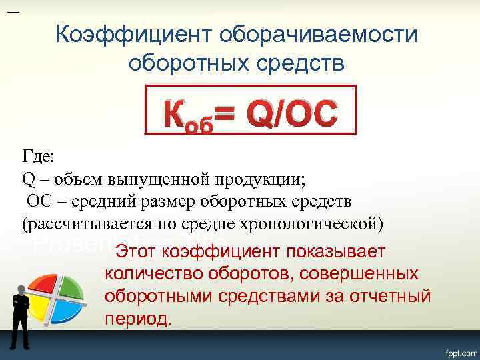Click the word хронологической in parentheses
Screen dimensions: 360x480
click(x=316, y=223)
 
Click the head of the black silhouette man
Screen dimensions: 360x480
click(x=21, y=289)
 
